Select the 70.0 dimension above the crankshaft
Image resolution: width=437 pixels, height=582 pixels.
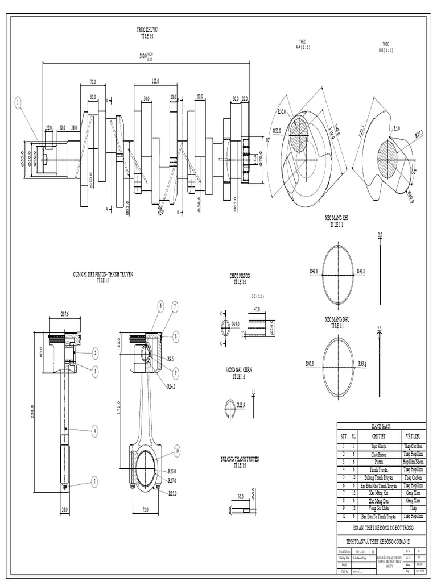click(x=92, y=82)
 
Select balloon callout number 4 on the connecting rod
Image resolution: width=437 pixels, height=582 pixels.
click(x=95, y=431)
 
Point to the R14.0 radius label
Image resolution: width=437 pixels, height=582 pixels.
click(x=171, y=386)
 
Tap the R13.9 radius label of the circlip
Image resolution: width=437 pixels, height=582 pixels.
click(x=241, y=405)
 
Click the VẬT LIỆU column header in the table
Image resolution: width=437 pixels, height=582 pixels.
click(x=413, y=436)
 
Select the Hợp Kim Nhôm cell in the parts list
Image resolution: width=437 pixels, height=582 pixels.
click(x=413, y=462)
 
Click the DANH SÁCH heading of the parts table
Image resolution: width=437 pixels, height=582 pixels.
click(x=382, y=426)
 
